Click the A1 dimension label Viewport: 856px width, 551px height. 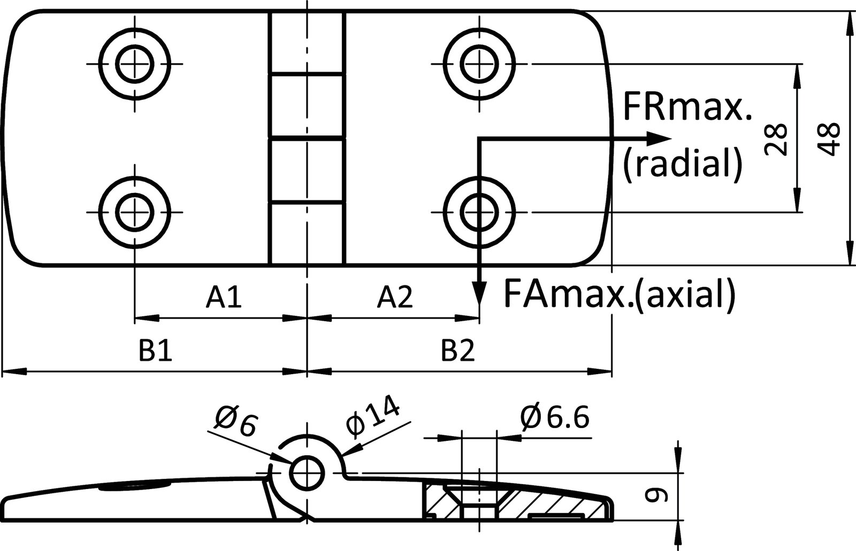(x=224, y=297)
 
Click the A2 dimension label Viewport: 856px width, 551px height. (x=395, y=297)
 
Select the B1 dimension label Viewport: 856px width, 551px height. (x=156, y=351)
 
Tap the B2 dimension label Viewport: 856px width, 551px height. (x=458, y=351)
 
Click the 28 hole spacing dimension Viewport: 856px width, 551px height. (x=776, y=139)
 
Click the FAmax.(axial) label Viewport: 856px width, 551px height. (x=620, y=294)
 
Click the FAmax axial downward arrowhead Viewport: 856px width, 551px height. (x=480, y=293)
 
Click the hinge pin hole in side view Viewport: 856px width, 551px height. (x=307, y=472)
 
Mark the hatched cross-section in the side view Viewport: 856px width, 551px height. (x=540, y=502)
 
